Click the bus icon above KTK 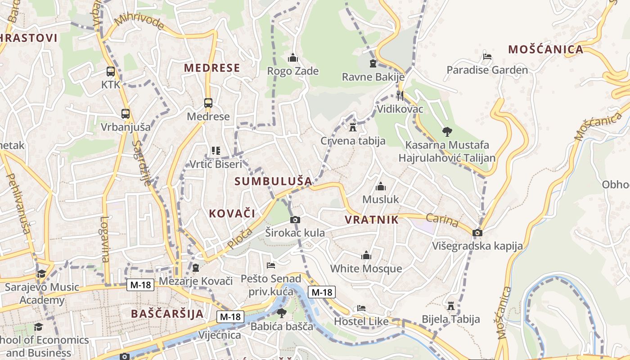[110, 71]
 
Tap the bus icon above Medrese [208, 103]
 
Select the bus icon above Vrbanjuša [126, 114]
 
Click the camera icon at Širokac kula [295, 220]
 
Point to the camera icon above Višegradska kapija [477, 233]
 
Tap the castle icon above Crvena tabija [353, 127]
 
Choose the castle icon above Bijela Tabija [450, 306]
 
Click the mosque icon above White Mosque [366, 256]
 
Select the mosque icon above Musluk [381, 186]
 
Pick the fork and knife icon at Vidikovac [400, 95]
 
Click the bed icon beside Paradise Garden [487, 57]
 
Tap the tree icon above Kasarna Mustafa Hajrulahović [447, 131]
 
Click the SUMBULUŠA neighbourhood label [273, 181]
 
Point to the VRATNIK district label [372, 220]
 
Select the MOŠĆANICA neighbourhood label [545, 49]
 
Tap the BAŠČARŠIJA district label [167, 314]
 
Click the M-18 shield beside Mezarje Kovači [140, 284]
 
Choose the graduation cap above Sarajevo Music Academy [41, 274]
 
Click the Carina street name [442, 220]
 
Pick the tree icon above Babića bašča [282, 313]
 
